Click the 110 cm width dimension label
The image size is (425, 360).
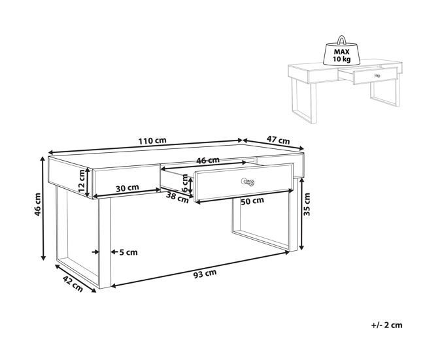pos(152,141)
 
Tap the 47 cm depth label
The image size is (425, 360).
pos(278,140)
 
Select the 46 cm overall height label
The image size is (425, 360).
pos(38,205)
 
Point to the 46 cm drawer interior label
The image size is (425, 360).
pos(208,160)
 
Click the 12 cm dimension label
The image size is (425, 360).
pos(82,181)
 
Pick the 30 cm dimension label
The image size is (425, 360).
pos(127,188)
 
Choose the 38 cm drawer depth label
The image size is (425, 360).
pos(177,197)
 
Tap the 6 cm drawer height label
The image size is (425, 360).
pos(185,183)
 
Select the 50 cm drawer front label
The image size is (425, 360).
pos(252,201)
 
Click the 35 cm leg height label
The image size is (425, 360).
pos(307,205)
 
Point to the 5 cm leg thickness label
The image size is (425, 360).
pos(128,252)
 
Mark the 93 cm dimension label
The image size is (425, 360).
pos(205,274)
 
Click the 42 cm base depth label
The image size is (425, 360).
pos(73,284)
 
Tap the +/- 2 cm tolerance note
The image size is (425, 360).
pos(386,325)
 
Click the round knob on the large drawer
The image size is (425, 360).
pos(248,182)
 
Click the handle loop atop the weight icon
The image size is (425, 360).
pos(341,40)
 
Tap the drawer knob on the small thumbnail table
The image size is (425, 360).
pos(377,76)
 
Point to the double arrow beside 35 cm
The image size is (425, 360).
pos(301,214)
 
